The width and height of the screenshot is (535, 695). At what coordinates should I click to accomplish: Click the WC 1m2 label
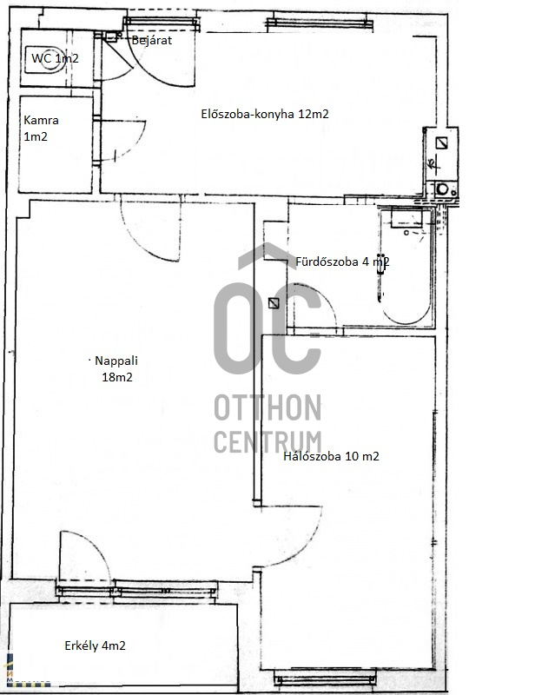pyautogui.click(x=55, y=58)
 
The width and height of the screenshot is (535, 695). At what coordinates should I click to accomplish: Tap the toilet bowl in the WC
pyautogui.click(x=45, y=59)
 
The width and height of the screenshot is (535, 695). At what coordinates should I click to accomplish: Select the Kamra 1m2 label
pyautogui.click(x=41, y=128)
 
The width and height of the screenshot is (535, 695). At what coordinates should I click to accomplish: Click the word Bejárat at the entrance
pyautogui.click(x=152, y=40)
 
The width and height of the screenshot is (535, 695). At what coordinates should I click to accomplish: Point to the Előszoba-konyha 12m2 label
pyautogui.click(x=265, y=114)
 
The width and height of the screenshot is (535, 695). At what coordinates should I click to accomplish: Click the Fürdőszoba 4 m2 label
pyautogui.click(x=342, y=261)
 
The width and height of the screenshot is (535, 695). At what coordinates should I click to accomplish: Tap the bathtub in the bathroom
pyautogui.click(x=406, y=267)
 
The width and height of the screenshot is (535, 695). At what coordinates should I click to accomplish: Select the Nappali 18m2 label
pyautogui.click(x=116, y=368)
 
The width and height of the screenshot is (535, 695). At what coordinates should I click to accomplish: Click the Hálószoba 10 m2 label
pyautogui.click(x=331, y=456)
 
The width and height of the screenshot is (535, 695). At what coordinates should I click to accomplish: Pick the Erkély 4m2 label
pyautogui.click(x=95, y=645)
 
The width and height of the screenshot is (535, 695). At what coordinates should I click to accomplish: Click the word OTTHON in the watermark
pyautogui.click(x=267, y=407)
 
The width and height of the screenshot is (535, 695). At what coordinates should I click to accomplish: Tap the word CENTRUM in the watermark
pyautogui.click(x=267, y=441)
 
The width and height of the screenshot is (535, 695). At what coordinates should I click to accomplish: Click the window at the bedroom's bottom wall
pyautogui.click(x=325, y=678)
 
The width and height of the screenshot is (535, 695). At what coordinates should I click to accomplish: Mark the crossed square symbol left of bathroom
pyautogui.click(x=274, y=303)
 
